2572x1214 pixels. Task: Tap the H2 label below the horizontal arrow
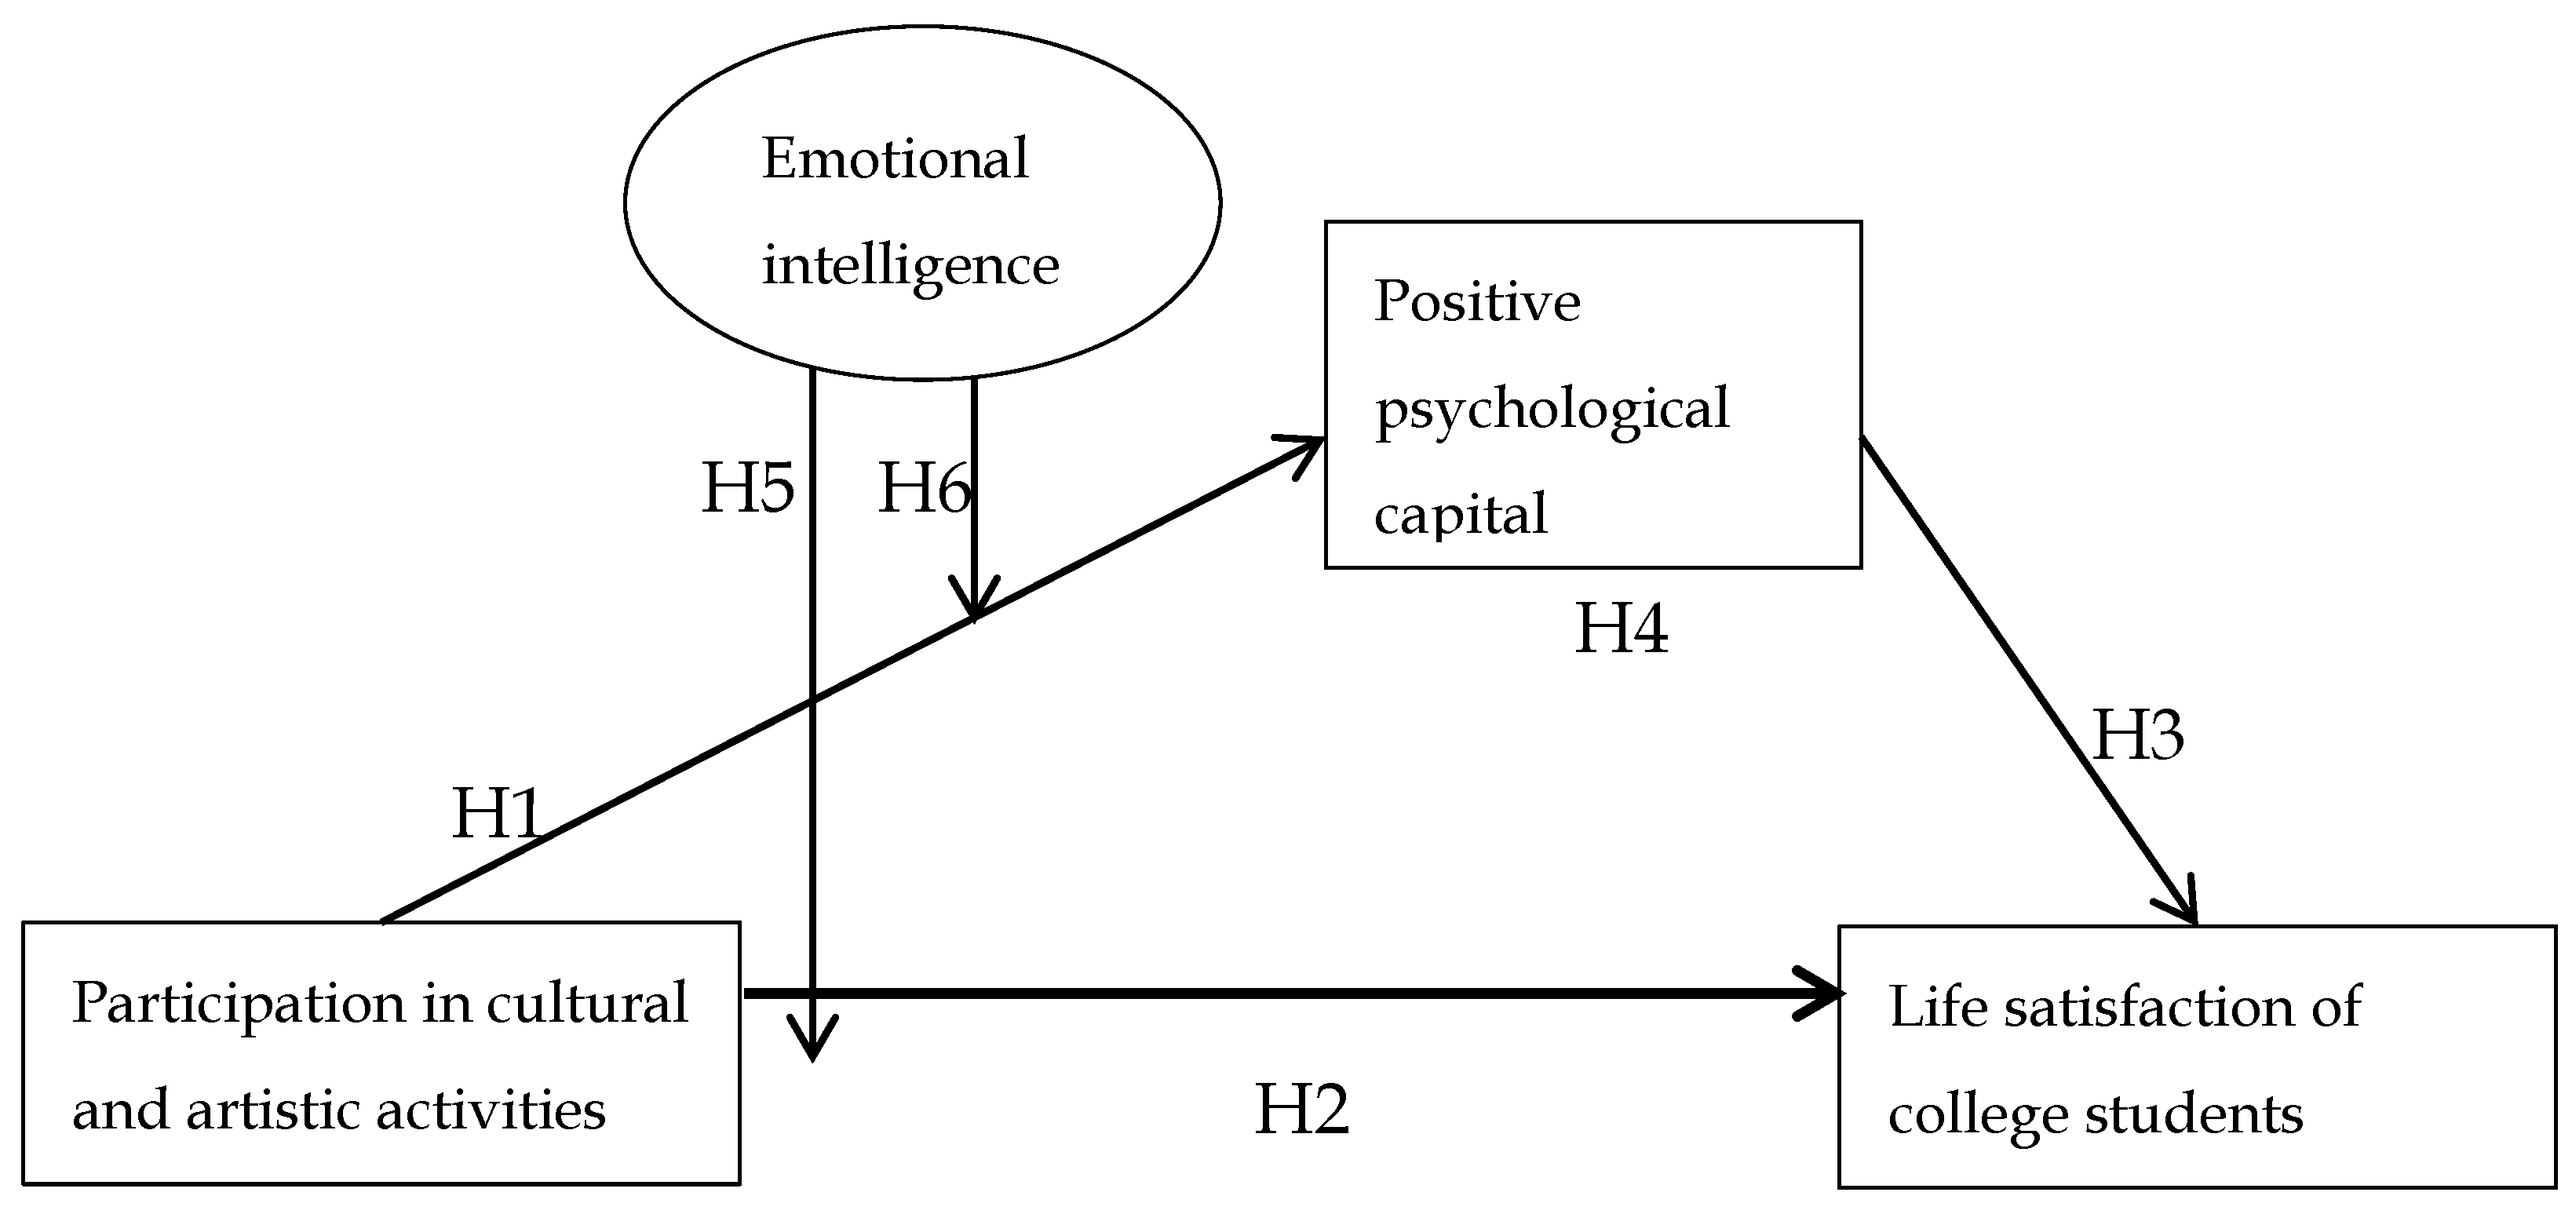tap(1301, 1109)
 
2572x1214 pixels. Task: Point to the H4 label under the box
tap(1621, 629)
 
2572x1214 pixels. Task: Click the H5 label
tap(748, 489)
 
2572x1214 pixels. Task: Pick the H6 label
tap(922, 489)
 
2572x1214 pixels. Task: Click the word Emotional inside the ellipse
tap(895, 159)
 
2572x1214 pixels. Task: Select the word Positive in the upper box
tap(1476, 301)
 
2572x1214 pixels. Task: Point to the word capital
tap(1460, 515)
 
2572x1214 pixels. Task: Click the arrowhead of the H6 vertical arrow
tap(973, 604)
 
